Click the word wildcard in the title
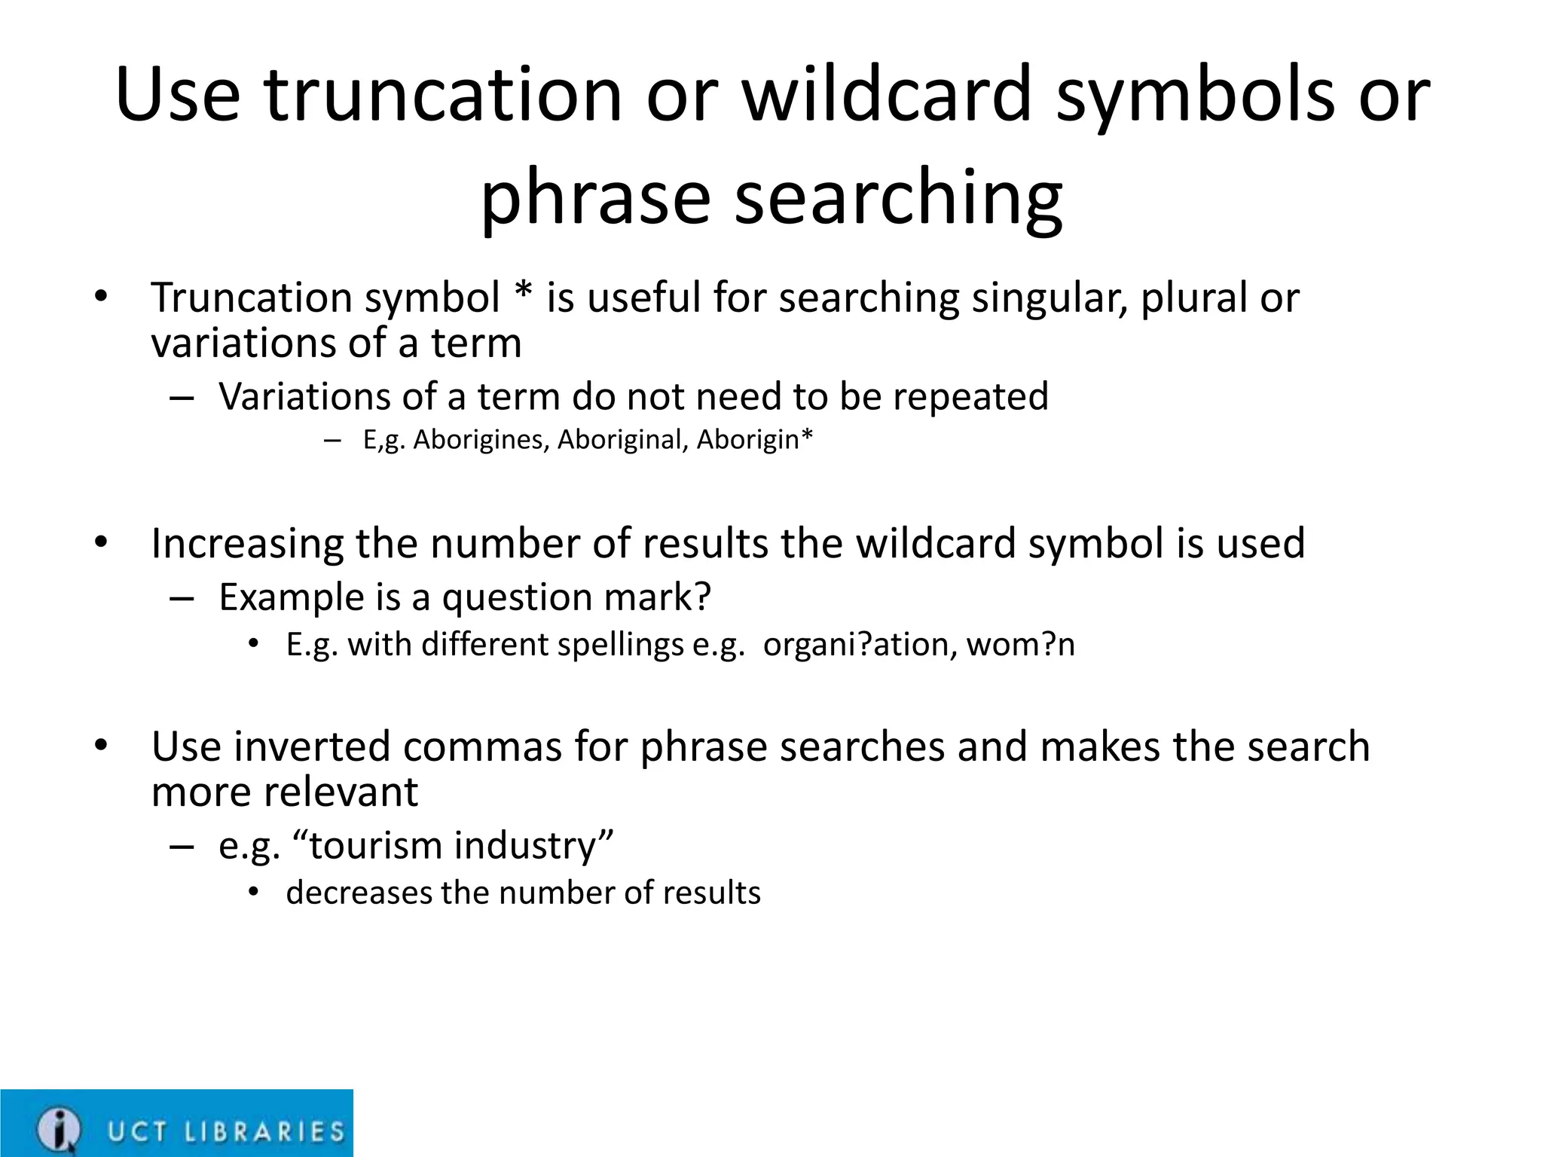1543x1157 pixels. coord(886,95)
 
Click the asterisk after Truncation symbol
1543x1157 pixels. coord(522,293)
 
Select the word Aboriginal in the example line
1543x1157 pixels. coord(620,439)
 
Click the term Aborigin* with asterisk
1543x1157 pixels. coord(754,439)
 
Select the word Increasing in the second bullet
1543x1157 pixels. coord(246,544)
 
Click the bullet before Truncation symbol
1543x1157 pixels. coord(101,295)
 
